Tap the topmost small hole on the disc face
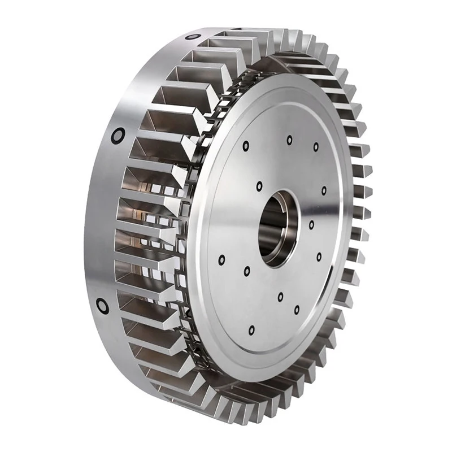289,139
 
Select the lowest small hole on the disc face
251,329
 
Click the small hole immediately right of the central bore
311,225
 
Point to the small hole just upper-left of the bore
259,186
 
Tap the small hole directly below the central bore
280,295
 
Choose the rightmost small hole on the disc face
324,191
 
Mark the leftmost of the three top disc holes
246,146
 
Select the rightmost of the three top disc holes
316,147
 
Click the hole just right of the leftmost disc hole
247,272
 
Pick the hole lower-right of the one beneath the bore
297,310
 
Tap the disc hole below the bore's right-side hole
319,257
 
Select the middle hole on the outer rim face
118,135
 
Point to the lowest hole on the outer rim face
102,306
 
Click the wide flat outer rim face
102,226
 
